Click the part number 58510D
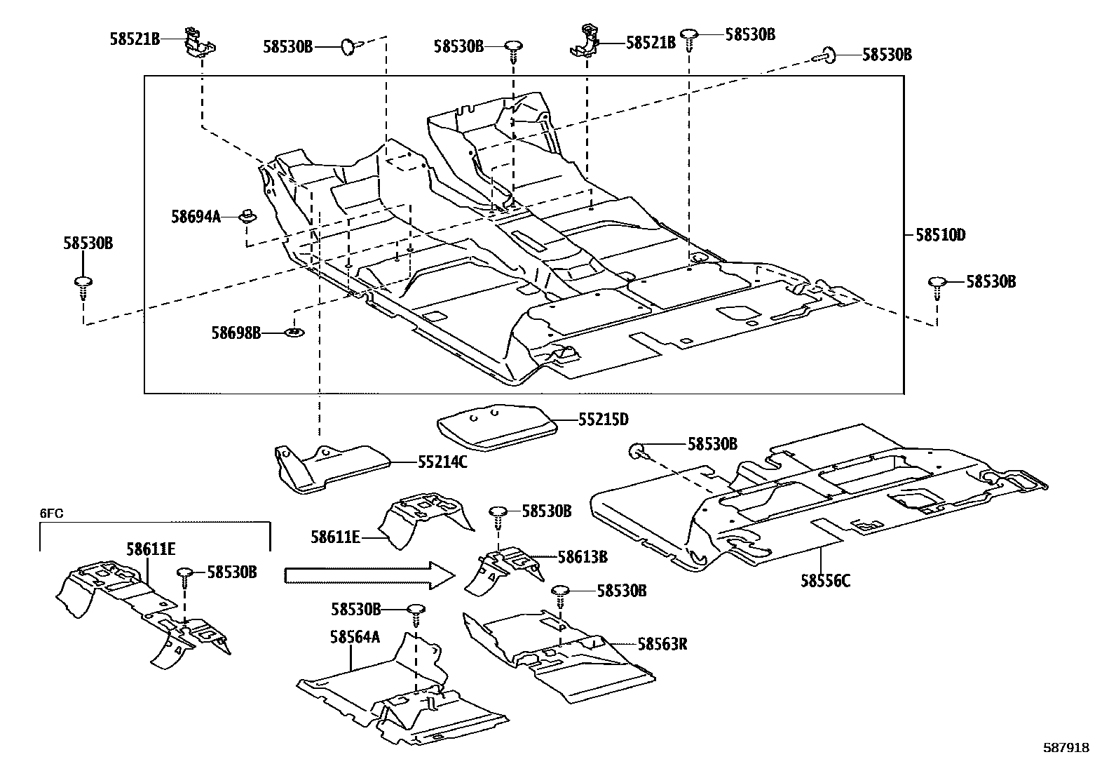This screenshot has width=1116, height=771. coord(940,235)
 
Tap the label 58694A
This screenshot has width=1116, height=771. coord(196,217)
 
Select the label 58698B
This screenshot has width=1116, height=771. coord(236,333)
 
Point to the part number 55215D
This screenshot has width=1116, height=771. coord(603,420)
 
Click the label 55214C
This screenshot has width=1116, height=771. coord(442,462)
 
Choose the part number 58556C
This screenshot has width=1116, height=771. coord(826,580)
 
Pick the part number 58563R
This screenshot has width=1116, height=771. coord(662,643)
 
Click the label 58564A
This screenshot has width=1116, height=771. coord(355,637)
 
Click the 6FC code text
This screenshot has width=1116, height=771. coord(51,513)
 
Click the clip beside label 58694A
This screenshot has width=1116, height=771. coord(247,215)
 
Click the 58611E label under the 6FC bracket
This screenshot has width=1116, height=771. coord(151,549)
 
